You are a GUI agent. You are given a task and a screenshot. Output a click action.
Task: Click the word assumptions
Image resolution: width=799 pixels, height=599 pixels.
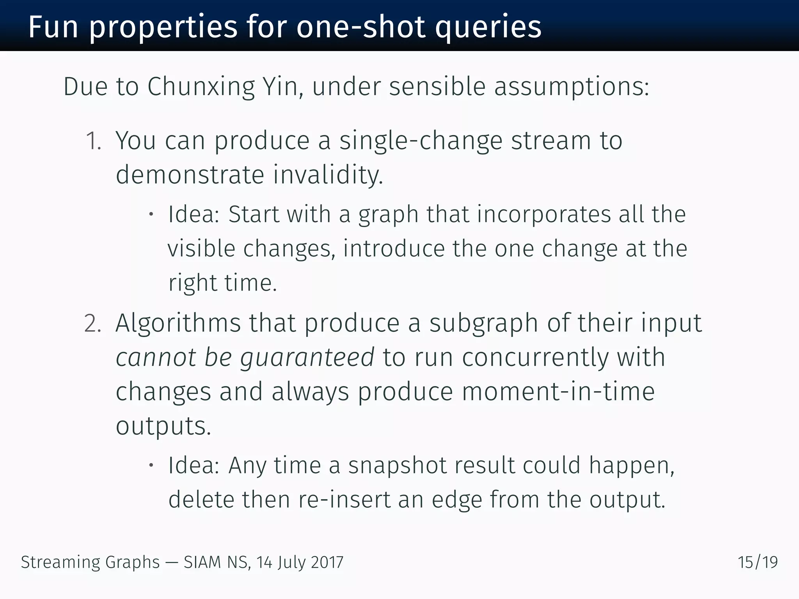pos(572,87)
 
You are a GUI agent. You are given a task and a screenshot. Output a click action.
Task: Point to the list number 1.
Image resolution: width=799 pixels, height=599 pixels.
pos(93,141)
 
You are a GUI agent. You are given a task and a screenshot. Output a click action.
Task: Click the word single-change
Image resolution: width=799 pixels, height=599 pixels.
pos(421,141)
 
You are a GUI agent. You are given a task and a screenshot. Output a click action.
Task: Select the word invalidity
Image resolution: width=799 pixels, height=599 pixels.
pos(328,175)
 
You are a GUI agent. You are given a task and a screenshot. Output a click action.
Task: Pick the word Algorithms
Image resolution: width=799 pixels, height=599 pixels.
pos(178,323)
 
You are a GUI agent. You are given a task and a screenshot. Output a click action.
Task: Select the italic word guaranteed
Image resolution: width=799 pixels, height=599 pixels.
pos(307,358)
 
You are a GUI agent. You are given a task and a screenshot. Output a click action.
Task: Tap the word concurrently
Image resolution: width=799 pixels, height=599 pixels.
pos(535,357)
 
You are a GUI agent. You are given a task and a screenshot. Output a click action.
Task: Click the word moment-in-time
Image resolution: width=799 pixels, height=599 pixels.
pos(558,392)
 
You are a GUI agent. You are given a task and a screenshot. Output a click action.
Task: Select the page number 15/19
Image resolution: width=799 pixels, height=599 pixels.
pos(758,562)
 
